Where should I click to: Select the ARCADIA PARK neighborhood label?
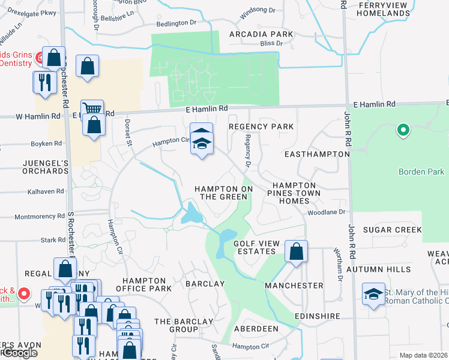[x=262, y=34]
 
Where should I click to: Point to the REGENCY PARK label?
[x=262, y=127]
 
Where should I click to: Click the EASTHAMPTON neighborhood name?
[x=317, y=154]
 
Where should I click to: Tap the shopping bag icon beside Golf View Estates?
[x=296, y=252]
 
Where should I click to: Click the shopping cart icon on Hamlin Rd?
[x=91, y=109]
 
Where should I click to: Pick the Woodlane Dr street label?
[x=327, y=212]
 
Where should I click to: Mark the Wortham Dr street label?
[x=339, y=268]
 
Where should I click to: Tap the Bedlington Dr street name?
[x=176, y=23]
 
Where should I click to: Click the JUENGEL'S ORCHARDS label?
[x=37, y=166]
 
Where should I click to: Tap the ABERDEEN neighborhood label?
[x=256, y=329]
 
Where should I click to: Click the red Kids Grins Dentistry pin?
[x=40, y=58]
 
